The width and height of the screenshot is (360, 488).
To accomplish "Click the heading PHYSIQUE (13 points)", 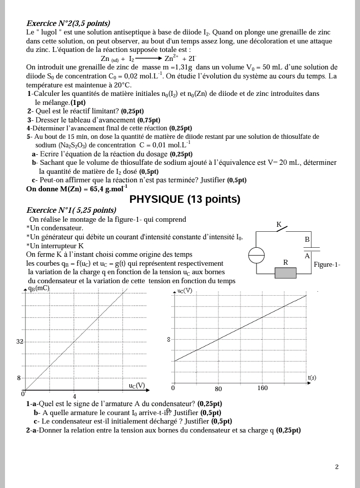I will point(184,199).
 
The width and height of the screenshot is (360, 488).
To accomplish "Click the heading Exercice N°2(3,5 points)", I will point(68,23).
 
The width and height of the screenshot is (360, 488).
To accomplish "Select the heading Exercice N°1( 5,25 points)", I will point(71,210).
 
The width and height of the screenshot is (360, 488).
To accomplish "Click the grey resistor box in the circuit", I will point(286,273).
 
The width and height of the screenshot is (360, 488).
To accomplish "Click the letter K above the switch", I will point(279,224).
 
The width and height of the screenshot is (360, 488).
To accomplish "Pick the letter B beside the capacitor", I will point(307,239).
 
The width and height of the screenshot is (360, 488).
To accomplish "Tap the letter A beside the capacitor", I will point(307,255).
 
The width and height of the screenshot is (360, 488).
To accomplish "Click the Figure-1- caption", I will point(327,264).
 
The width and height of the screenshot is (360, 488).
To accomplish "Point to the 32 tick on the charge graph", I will point(20,342).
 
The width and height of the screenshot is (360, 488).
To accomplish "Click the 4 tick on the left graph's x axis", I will point(74,397).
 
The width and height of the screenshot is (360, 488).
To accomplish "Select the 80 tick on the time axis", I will point(218,389).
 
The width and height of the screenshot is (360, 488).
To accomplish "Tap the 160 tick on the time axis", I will point(262,388).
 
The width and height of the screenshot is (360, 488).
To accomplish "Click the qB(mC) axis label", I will point(39,288).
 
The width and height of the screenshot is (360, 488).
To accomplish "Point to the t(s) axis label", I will point(312,378).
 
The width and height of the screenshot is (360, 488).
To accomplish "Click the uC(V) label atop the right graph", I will point(184,291).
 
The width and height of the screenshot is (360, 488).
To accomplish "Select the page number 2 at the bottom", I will point(336,467).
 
